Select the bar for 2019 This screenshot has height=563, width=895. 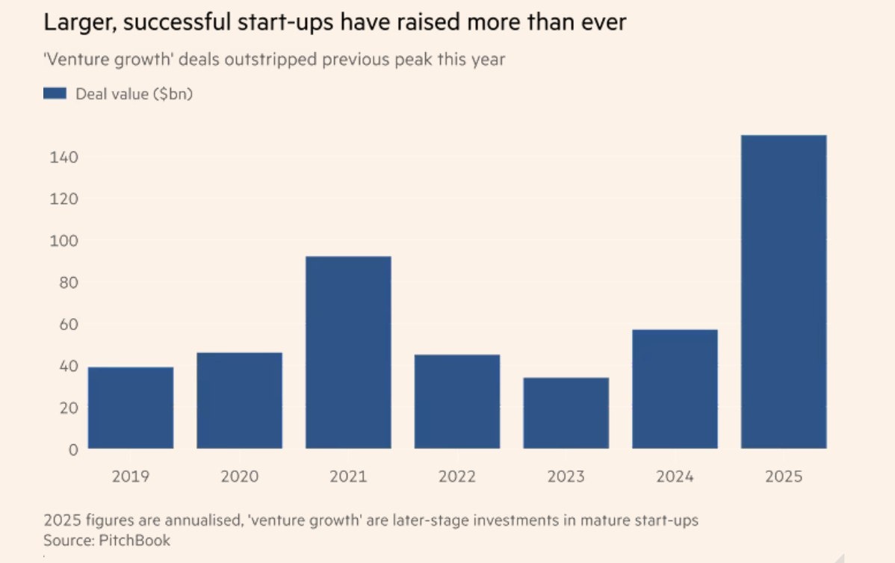(131, 408)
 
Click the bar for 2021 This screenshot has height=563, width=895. (348, 352)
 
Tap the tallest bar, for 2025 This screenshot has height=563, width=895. (784, 292)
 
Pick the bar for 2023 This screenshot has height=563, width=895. (566, 413)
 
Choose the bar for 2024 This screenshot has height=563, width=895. (675, 389)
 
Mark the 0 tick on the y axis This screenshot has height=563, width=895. (73, 450)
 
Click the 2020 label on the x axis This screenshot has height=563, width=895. (239, 476)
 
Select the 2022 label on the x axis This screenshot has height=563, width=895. (457, 476)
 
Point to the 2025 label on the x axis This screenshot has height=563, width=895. (784, 476)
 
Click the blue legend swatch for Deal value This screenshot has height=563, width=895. (55, 93)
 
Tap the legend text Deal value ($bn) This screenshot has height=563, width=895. (134, 93)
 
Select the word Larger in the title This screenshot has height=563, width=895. (76, 23)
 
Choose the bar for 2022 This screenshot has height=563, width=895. (457, 402)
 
